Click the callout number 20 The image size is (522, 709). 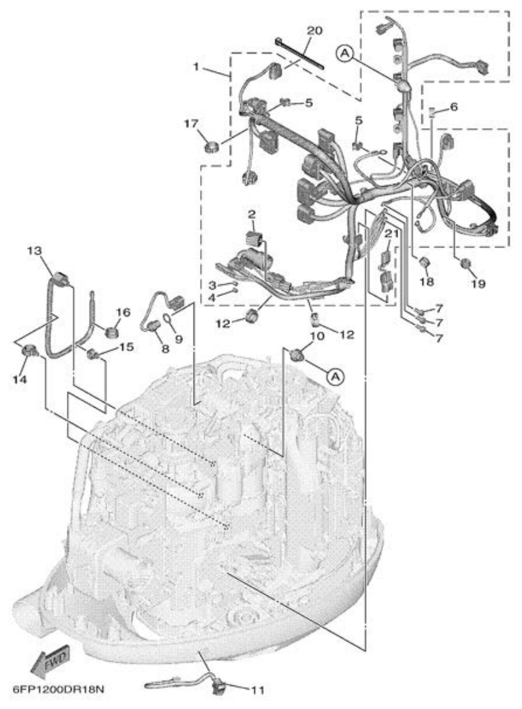(314, 31)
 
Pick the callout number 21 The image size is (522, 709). (390, 234)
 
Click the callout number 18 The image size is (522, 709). (426, 283)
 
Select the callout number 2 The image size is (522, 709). (250, 214)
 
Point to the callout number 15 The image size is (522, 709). (126, 347)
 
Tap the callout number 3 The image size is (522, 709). (212, 285)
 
